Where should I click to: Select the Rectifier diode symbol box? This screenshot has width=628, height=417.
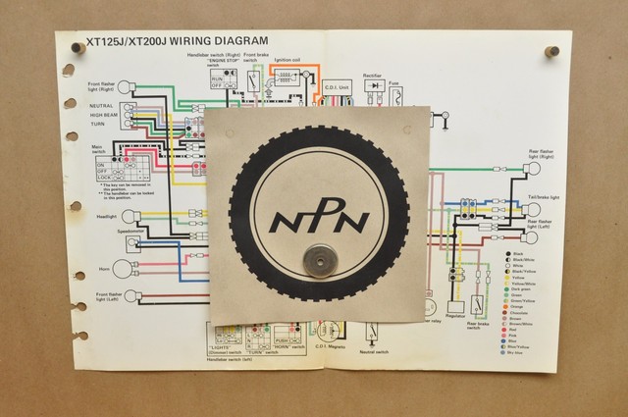tap(374, 85)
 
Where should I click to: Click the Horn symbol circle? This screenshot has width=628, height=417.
tap(122, 268)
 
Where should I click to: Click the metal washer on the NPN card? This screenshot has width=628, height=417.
tap(316, 260)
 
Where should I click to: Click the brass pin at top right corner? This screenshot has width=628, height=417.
tap(551, 51)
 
